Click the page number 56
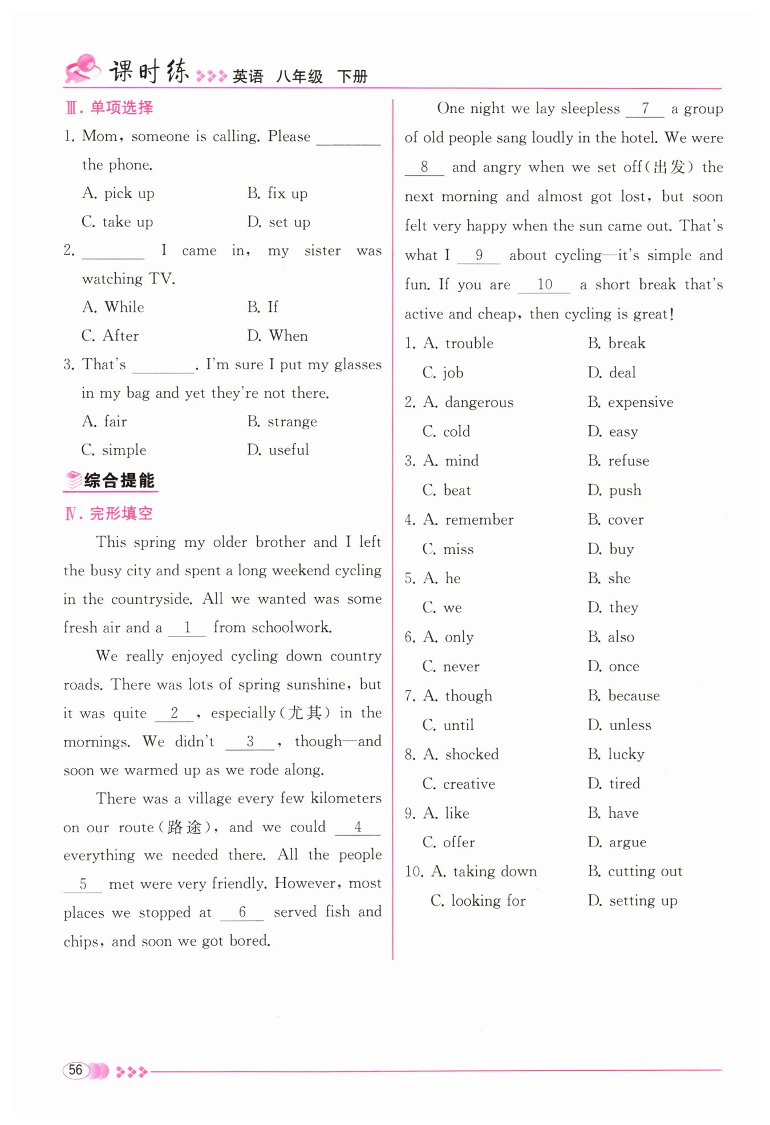pyautogui.click(x=75, y=1070)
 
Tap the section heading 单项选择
pyautogui.click(x=121, y=108)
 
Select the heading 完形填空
pyautogui.click(x=121, y=514)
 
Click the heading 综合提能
pyautogui.click(x=119, y=481)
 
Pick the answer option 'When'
pyautogui.click(x=288, y=336)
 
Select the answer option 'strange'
pyautogui.click(x=292, y=422)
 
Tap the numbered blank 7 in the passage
pyautogui.click(x=645, y=108)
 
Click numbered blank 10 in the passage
pyautogui.click(x=544, y=285)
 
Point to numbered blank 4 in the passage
pyautogui.click(x=358, y=827)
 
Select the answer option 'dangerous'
pyautogui.click(x=479, y=402)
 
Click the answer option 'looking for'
pyautogui.click(x=488, y=901)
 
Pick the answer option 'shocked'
pyautogui.click(x=472, y=755)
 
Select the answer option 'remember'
pyautogui.click(x=479, y=520)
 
